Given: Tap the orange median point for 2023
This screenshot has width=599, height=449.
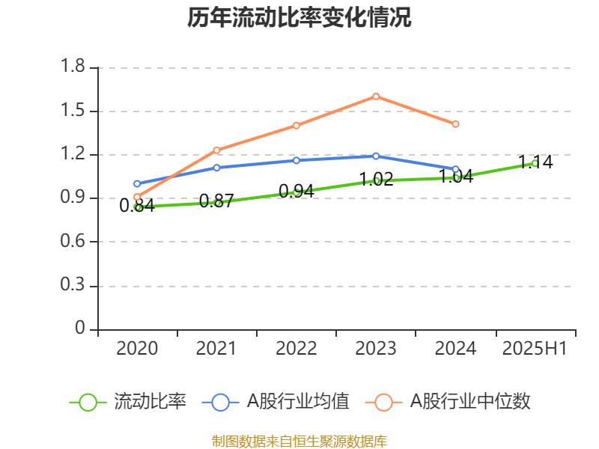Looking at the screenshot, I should pyautogui.click(x=376, y=96).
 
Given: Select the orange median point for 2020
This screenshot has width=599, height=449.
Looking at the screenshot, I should pyautogui.click(x=137, y=197).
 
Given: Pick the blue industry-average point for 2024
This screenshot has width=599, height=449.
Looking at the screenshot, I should pyautogui.click(x=455, y=169).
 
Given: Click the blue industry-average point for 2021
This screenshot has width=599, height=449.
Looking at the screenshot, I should pyautogui.click(x=216, y=168).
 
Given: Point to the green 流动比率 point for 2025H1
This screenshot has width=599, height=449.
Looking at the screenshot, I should pyautogui.click(x=535, y=163).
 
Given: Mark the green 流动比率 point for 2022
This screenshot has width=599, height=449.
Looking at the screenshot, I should pyautogui.click(x=297, y=192).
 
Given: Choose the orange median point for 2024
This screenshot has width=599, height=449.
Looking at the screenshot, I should pyautogui.click(x=455, y=123).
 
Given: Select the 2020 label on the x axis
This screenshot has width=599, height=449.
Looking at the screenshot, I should pyautogui.click(x=137, y=349).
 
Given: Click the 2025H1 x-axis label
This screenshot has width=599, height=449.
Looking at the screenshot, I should pyautogui.click(x=535, y=349).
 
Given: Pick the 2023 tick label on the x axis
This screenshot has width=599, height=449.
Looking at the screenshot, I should pyautogui.click(x=376, y=349).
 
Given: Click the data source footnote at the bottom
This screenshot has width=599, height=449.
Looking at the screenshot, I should pyautogui.click(x=299, y=442).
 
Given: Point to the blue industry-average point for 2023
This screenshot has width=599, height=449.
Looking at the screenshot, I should pyautogui.click(x=376, y=156).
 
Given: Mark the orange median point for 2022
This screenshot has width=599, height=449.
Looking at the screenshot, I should pyautogui.click(x=297, y=125).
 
